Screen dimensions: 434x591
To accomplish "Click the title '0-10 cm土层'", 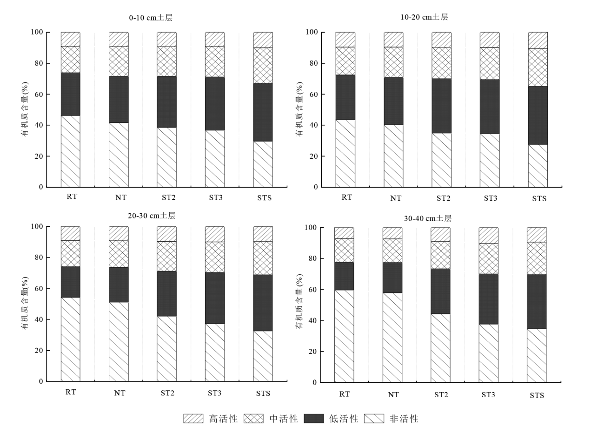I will pos(151,18).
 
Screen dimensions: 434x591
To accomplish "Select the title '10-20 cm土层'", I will pos(424,17).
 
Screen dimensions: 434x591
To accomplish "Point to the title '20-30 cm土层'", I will pos(152,216).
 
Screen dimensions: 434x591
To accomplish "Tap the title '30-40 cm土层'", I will pos(428,218).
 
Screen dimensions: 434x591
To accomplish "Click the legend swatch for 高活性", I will pos(193,419).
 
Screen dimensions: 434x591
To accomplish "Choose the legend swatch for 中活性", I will pos(253,419).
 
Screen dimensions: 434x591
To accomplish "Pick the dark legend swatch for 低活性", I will pos(313,419).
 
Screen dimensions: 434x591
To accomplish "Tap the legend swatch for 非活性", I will pos(374,419).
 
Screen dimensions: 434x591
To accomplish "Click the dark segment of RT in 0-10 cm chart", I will pos(71,94).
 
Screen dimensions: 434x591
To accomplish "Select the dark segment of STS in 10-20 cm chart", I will pos(538,115).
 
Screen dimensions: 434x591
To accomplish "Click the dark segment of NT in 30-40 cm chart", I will pos(392,278).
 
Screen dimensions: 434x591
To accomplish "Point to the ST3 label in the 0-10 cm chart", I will pos(215,197).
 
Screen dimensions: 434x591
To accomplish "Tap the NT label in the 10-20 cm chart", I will pos(395,198).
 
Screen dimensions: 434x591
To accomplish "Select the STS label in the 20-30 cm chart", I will pos(263,393).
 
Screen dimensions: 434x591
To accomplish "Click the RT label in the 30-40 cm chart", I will pos(344,394).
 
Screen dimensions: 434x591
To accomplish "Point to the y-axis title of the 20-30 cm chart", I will pos(25,304).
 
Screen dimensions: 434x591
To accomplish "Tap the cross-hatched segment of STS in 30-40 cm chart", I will pos(537,258).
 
